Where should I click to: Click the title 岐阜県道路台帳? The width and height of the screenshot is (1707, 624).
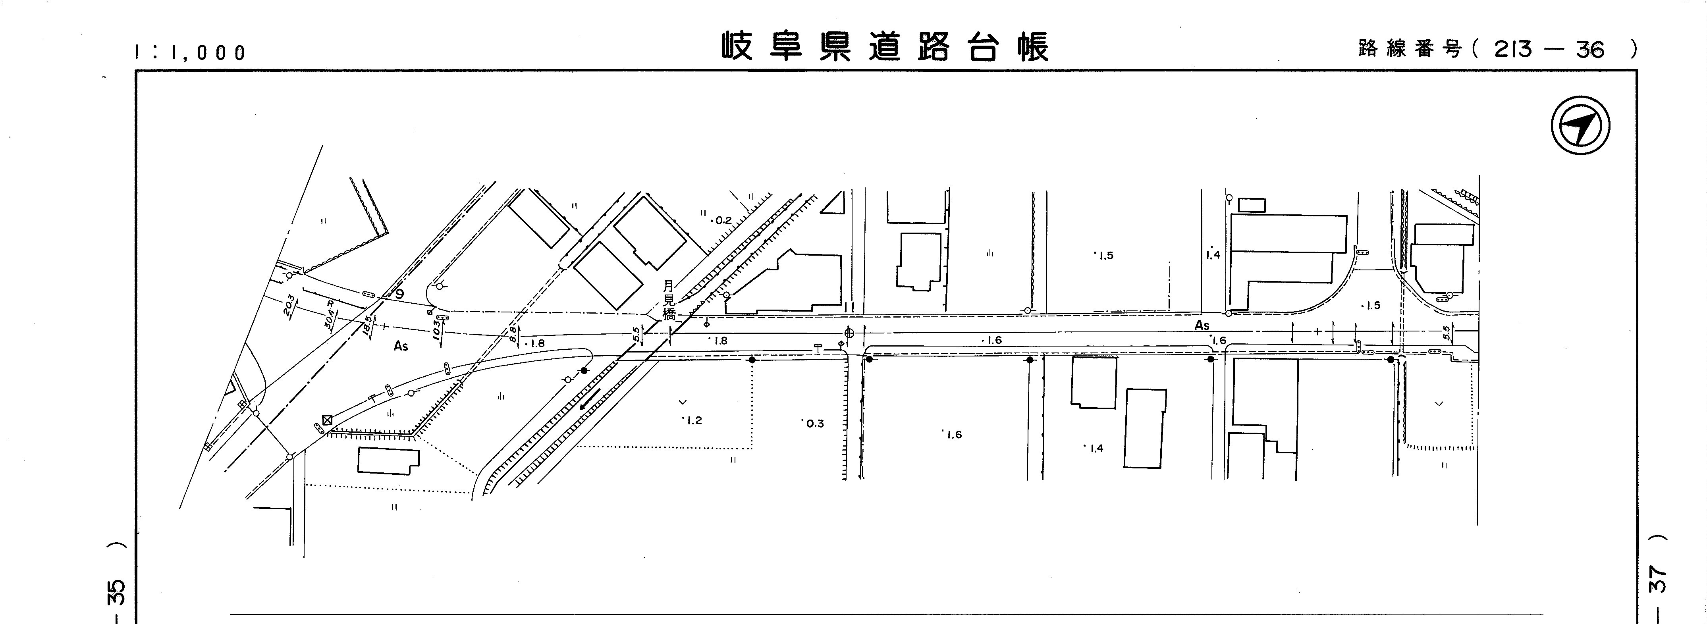click(885, 47)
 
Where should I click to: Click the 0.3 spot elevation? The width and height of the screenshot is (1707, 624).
click(814, 423)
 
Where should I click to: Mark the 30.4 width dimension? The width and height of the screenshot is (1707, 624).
click(329, 315)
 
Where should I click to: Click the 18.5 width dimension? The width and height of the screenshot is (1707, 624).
click(368, 326)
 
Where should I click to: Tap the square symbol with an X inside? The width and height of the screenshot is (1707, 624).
click(327, 419)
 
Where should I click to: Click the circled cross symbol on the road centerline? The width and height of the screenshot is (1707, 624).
click(849, 333)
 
